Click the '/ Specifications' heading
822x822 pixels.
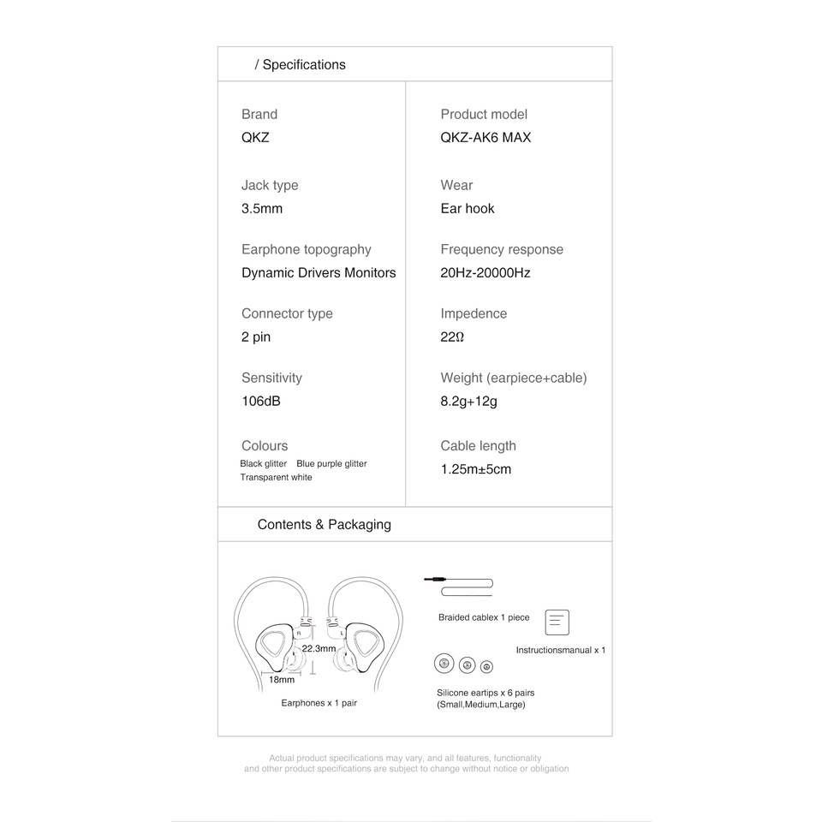(x=301, y=65)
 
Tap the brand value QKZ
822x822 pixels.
(x=255, y=137)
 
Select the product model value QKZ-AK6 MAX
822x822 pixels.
(x=485, y=137)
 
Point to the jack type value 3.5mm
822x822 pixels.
(x=262, y=208)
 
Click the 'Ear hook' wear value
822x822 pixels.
(x=468, y=208)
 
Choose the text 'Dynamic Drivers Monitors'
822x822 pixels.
(x=319, y=272)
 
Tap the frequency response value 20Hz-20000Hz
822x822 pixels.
(x=485, y=272)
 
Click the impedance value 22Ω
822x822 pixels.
(x=452, y=337)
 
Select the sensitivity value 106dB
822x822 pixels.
(x=261, y=401)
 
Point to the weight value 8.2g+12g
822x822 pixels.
(x=468, y=401)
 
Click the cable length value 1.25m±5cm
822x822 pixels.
(x=476, y=469)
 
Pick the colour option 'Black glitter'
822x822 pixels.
(x=264, y=463)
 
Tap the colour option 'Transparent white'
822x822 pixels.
(x=276, y=477)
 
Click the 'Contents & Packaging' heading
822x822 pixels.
(x=325, y=525)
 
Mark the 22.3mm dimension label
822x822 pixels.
(x=319, y=648)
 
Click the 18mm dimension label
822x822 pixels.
(x=282, y=679)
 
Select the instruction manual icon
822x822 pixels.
(x=557, y=622)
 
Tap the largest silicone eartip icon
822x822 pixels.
(x=444, y=664)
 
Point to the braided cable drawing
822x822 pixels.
(x=460, y=586)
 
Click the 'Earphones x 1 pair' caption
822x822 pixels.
(x=319, y=703)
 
